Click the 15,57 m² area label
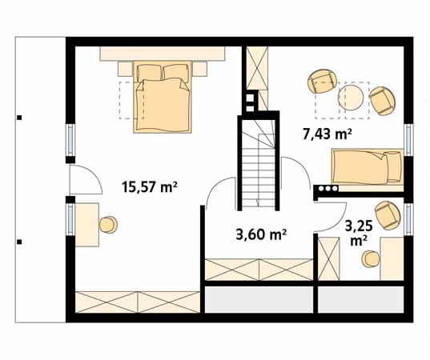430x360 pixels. tap(149, 187)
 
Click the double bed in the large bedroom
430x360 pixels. tap(163, 97)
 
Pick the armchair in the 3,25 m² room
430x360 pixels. tap(388, 214)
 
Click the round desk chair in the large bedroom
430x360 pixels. tap(108, 225)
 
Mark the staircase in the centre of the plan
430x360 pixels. tap(258, 164)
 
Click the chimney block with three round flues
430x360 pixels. tap(328, 190)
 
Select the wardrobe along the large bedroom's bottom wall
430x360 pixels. tap(137, 302)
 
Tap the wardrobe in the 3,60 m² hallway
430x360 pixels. tap(258, 270)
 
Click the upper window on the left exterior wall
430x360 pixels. tap(70, 139)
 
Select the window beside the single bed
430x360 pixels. tap(408, 139)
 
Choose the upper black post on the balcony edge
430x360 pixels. tap(19, 118)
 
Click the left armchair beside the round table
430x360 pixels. tap(322, 82)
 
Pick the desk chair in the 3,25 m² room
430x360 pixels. tap(371, 258)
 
